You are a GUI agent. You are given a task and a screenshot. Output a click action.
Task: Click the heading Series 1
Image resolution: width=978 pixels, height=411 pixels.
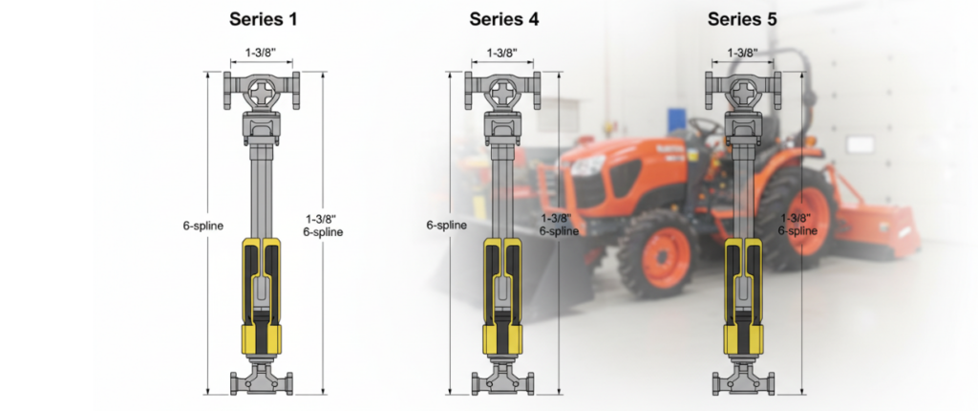tap(262, 18)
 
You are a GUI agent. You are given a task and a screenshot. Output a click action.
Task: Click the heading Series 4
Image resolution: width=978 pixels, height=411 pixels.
tap(503, 18)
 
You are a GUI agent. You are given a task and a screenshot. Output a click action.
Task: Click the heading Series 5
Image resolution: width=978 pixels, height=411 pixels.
tap(743, 18)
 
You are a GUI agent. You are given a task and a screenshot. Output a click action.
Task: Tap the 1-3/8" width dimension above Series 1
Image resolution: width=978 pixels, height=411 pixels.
tap(261, 54)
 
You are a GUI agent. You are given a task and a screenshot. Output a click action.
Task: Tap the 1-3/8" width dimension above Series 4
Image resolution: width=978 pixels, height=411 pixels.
tap(502, 54)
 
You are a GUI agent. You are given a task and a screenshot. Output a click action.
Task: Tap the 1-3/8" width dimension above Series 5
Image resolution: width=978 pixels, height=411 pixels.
tap(743, 54)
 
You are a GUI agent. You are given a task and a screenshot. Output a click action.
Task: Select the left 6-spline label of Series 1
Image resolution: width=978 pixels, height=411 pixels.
tap(203, 226)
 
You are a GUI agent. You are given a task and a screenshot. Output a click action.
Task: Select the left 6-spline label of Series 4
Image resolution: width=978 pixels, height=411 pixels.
tap(446, 226)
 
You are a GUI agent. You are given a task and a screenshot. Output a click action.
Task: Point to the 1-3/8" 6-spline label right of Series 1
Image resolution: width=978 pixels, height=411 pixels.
tap(323, 225)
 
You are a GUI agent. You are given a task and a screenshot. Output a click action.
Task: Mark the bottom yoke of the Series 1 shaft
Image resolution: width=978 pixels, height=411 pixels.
tap(262, 380)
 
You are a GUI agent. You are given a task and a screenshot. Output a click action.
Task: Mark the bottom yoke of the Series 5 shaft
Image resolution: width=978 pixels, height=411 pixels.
tap(743, 380)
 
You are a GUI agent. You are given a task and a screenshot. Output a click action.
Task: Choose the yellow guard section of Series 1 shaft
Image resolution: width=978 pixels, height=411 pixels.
tap(262, 296)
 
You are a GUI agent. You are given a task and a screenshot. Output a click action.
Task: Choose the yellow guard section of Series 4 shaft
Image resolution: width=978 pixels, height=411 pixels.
tap(503, 296)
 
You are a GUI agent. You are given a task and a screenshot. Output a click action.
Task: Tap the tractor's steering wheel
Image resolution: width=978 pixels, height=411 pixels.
tap(705, 126)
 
